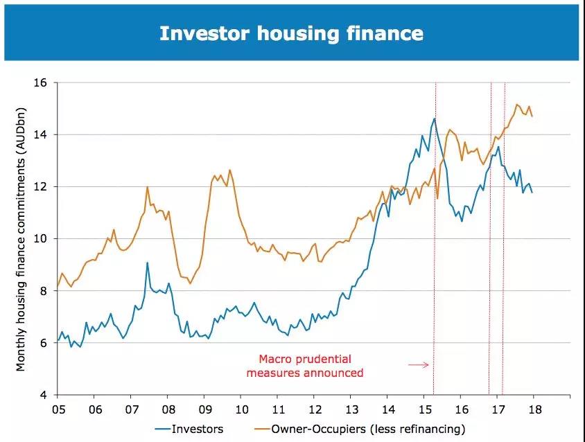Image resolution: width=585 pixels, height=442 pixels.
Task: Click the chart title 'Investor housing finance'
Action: tap(291, 33)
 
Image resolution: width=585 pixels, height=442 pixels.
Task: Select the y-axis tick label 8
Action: tap(42, 291)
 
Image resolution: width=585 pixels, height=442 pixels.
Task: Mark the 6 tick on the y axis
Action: tap(42, 343)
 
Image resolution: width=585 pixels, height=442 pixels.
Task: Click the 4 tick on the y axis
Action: tap(42, 395)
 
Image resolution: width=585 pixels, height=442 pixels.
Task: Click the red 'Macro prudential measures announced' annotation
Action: tap(311, 366)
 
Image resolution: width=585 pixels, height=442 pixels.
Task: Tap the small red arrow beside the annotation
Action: tap(419, 364)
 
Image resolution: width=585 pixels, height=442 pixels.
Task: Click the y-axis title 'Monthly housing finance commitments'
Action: tap(21, 239)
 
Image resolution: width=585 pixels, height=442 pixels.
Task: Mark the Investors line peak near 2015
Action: tap(435, 118)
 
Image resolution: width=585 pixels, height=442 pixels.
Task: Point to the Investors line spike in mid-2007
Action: tap(148, 263)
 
